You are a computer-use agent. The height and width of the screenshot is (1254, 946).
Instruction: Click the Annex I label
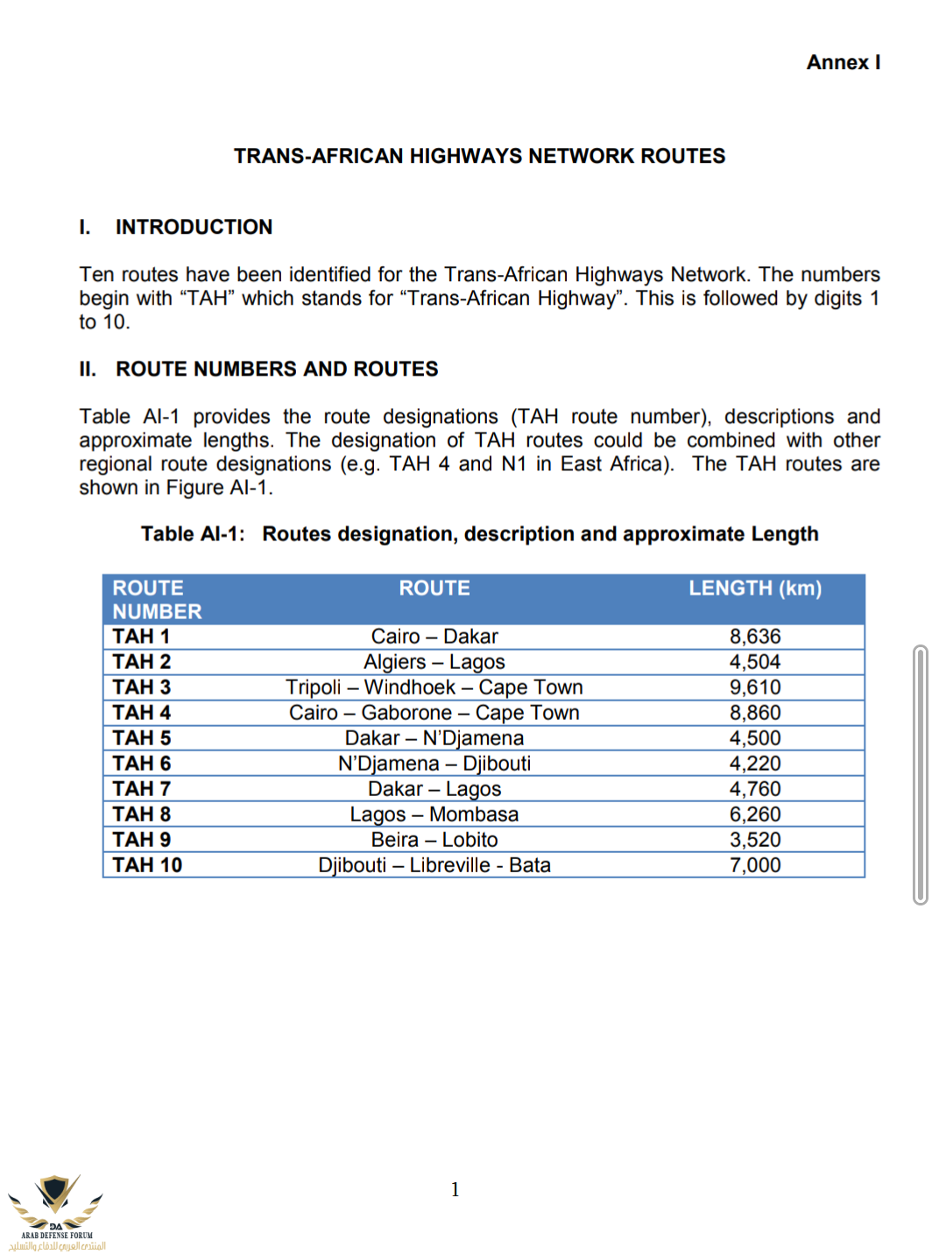tap(843, 62)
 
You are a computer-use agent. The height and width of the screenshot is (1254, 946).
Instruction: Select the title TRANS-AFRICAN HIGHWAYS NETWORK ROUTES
tap(479, 156)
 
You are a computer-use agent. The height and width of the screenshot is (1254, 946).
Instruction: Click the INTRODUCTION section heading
tap(194, 227)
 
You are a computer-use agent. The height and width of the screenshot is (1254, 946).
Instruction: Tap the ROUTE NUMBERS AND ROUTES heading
tap(277, 369)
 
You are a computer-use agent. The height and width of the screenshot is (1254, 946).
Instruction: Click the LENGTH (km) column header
tap(754, 588)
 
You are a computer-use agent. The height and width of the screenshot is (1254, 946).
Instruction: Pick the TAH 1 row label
tap(141, 637)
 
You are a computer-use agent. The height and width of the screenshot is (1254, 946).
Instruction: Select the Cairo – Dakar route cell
tap(434, 637)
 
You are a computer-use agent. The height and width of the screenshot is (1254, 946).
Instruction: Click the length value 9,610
tap(754, 687)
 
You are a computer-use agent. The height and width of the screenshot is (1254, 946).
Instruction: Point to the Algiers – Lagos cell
tap(434, 662)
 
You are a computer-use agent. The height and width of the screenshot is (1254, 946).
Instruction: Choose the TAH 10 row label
tap(147, 865)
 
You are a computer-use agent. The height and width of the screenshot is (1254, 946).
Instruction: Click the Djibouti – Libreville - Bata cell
tap(434, 865)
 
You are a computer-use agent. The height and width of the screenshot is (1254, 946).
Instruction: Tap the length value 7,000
tap(754, 865)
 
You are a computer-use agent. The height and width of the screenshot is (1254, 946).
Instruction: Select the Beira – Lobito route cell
tap(434, 840)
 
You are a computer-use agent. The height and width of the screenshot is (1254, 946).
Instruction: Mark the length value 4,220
tap(754, 764)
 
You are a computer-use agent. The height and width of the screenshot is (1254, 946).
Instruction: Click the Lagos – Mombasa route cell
tap(434, 814)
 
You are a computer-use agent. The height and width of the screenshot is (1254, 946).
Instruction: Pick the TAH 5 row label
tap(141, 738)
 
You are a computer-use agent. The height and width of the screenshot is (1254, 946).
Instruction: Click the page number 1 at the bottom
tap(455, 1189)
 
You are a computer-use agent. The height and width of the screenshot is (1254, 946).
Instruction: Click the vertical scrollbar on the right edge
tap(920, 774)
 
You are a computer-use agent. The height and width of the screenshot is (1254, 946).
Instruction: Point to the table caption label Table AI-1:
tap(193, 534)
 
